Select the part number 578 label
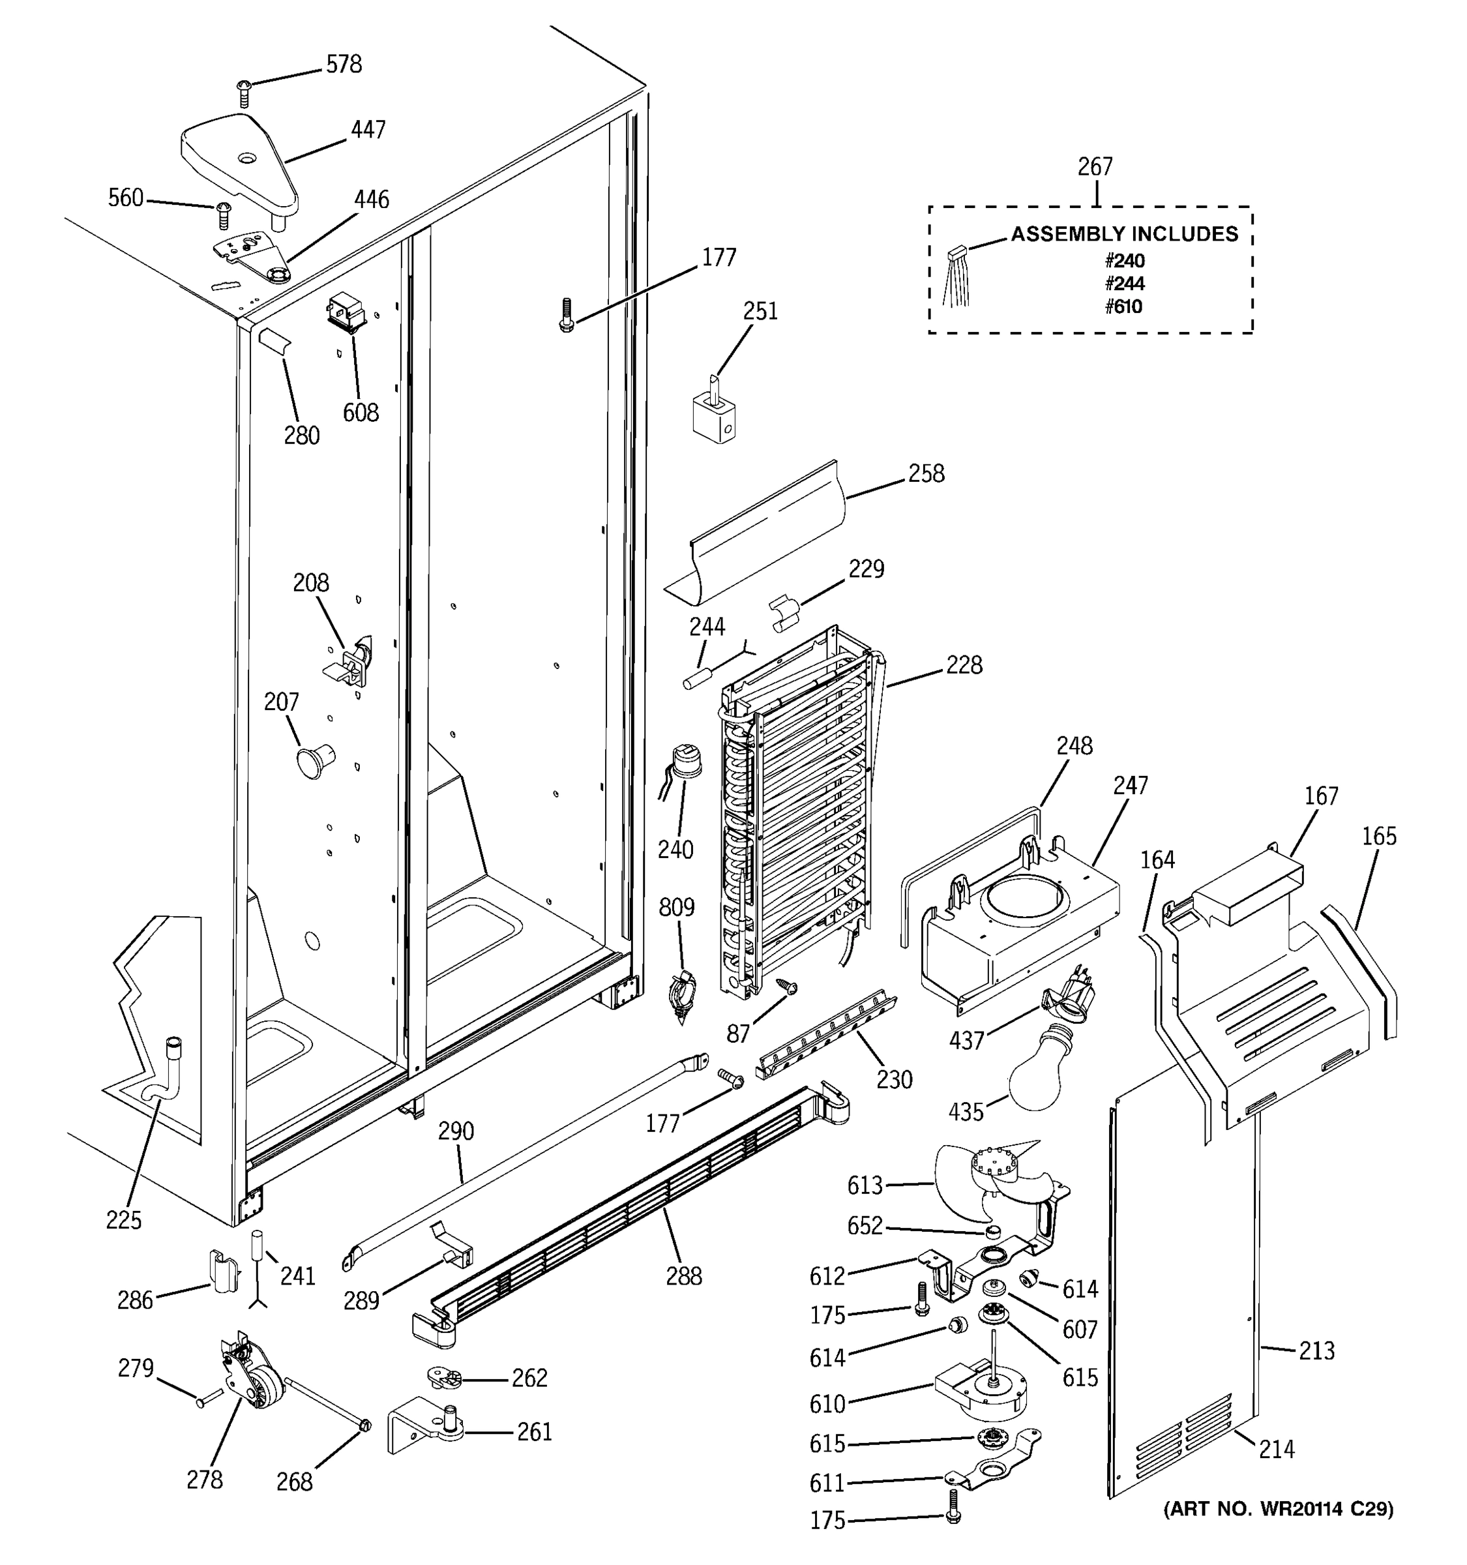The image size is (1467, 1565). pos(344,65)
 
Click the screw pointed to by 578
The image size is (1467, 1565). pos(243,94)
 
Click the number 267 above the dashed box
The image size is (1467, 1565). pos(1095,167)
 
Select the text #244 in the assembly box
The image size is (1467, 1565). pos(1124,284)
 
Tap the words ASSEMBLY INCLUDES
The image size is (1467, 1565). pos(1124,234)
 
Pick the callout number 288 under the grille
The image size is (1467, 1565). pos(683,1276)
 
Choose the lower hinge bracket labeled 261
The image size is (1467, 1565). pos(425,1429)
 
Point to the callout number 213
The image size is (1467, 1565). pos(1316,1351)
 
